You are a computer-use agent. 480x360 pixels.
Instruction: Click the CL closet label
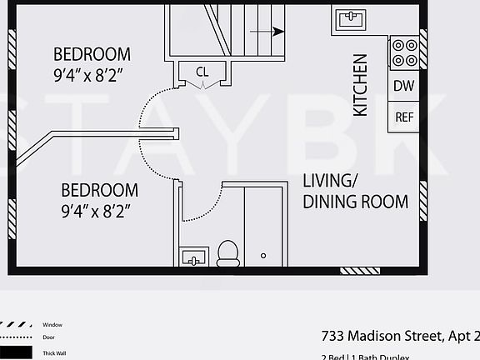202,72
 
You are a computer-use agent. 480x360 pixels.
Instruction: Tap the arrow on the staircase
268,32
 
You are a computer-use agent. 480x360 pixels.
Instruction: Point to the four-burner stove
405,53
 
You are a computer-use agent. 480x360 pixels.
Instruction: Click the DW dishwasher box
404,86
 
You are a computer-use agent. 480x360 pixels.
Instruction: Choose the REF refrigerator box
404,117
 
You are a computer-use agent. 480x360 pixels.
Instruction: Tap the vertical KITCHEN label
360,85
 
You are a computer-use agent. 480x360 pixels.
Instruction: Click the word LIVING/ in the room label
331,180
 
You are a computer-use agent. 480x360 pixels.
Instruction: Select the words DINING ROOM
355,202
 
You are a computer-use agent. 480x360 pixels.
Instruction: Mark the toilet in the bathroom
227,252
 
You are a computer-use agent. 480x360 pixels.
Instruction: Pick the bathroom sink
193,256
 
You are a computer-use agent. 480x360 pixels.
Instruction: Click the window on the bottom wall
360,270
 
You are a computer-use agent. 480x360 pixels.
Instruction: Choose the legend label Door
49,338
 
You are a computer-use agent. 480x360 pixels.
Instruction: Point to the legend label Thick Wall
55,353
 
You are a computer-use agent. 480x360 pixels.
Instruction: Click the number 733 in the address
334,337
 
